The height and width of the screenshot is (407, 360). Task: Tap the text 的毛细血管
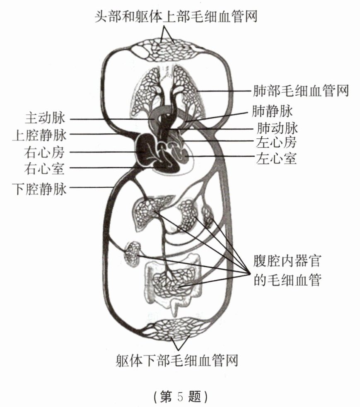tap(288, 280)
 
